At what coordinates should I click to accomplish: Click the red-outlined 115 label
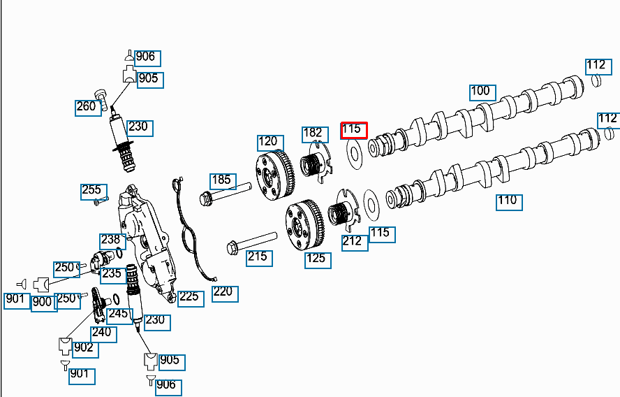353,130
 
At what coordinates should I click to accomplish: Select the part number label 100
481,92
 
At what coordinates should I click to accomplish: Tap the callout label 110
508,201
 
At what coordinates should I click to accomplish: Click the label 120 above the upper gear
269,143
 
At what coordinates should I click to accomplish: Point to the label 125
316,259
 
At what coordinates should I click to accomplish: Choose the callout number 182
313,133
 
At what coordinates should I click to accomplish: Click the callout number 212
353,242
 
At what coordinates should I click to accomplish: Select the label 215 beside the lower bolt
258,257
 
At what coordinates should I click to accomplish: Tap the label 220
223,292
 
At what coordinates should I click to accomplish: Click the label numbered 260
87,108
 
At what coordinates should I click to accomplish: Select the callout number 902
84,348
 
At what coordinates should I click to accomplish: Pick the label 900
43,303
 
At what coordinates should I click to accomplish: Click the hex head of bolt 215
232,247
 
